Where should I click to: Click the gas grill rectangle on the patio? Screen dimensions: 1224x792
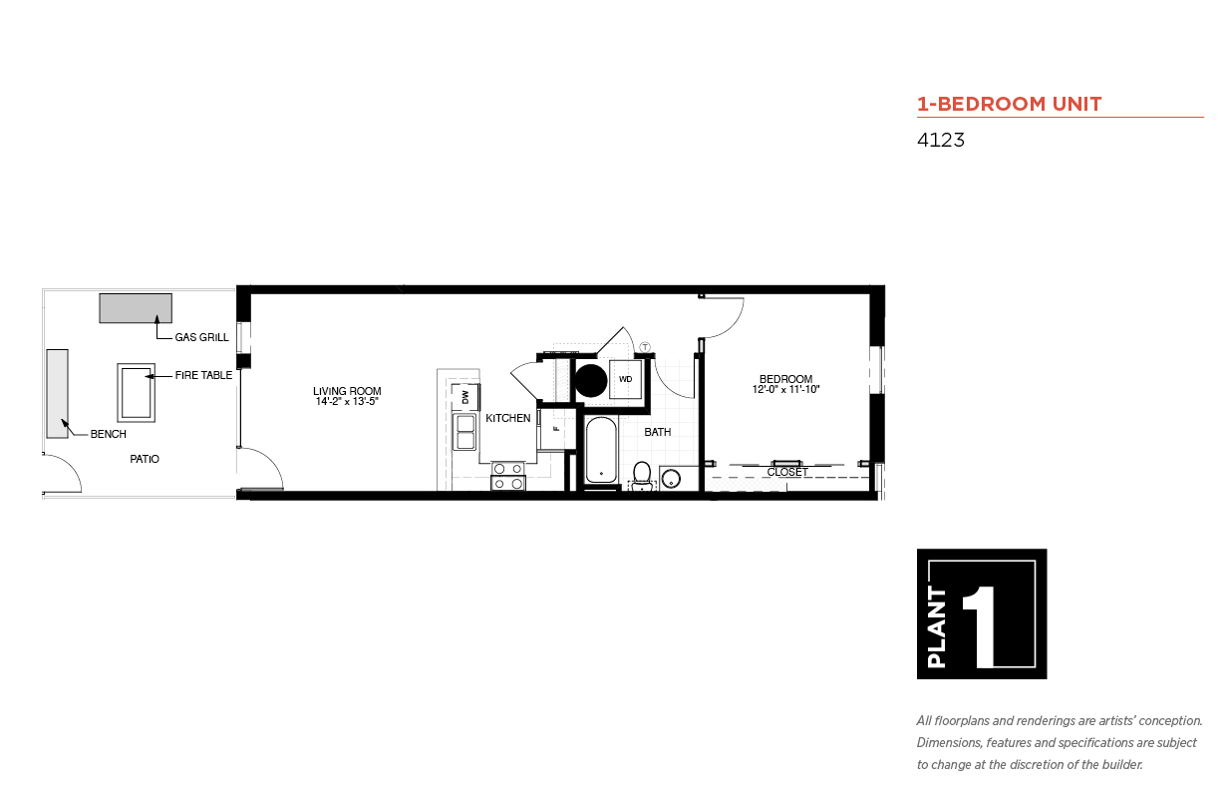click(136, 308)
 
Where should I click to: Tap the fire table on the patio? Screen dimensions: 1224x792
click(137, 393)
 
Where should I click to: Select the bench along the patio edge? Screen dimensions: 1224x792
click(58, 394)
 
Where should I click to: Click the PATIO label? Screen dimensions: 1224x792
click(145, 459)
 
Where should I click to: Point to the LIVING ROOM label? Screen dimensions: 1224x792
click(347, 391)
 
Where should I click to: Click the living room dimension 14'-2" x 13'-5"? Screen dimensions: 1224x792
click(347, 401)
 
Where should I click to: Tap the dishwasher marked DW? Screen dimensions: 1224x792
click(465, 397)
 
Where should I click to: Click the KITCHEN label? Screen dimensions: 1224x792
click(508, 418)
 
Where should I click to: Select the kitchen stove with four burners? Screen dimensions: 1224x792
click(508, 476)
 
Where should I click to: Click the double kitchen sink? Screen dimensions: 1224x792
click(465, 432)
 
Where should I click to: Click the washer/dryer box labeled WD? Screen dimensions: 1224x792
click(626, 379)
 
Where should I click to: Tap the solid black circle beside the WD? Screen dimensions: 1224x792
click(591, 381)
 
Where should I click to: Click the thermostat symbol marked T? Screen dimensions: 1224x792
click(645, 347)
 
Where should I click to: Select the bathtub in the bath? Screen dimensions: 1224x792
click(601, 450)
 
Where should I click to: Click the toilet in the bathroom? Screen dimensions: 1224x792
click(642, 475)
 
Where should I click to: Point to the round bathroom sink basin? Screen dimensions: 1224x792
click(671, 479)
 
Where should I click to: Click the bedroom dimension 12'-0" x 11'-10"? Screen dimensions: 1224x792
click(785, 389)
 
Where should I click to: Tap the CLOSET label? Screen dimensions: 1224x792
click(787, 472)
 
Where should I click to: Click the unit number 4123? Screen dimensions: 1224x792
click(940, 140)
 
